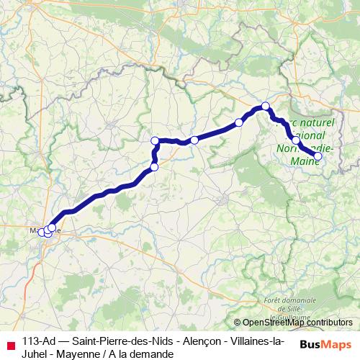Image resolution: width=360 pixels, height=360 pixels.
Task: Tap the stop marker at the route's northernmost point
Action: pyautogui.click(x=265, y=107)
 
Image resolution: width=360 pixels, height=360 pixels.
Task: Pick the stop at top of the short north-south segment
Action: pyautogui.click(x=155, y=140)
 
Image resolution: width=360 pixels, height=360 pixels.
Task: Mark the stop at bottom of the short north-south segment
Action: pyautogui.click(x=153, y=168)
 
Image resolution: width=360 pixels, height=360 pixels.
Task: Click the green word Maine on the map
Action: pyautogui.click(x=305, y=163)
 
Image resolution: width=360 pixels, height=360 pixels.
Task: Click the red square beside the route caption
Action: pyautogui.click(x=9, y=343)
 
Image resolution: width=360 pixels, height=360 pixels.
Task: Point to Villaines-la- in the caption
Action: pyautogui.click(x=257, y=341)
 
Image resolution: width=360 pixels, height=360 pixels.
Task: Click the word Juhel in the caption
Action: pyautogui.click(x=36, y=354)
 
